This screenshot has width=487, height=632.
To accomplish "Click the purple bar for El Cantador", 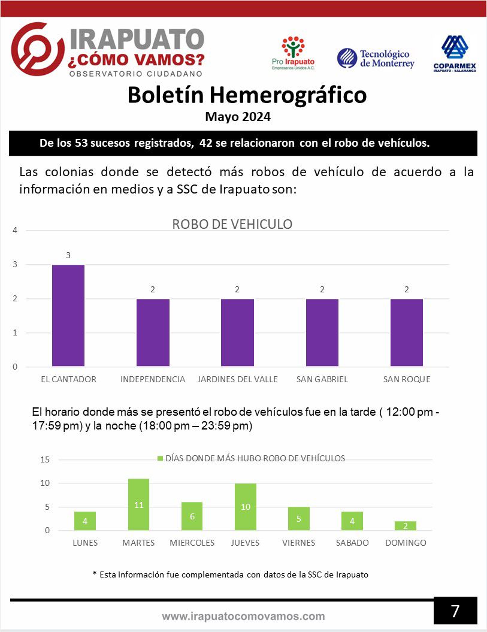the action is click(68, 316).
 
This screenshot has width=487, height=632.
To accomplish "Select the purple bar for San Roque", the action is click(406, 332).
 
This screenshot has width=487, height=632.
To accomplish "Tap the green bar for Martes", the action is click(139, 504).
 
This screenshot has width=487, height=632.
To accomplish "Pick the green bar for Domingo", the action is click(406, 525).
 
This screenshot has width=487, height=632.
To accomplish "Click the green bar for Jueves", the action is click(246, 507).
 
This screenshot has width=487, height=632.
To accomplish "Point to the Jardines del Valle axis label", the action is click(237, 379).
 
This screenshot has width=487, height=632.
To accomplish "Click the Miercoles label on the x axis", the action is click(192, 543).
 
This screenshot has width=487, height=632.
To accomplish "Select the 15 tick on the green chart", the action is click(45, 459).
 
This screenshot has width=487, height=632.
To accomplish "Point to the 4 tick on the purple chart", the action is click(15, 231).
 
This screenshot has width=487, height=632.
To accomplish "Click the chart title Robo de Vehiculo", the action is click(232, 224).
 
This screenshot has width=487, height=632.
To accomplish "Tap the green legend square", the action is click(160, 458).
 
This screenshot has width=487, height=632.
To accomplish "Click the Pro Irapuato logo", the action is click(293, 53).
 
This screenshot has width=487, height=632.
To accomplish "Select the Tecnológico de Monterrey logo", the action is click(376, 59).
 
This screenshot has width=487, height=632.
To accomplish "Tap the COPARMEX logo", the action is click(455, 53).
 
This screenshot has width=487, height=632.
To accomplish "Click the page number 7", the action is click(455, 611).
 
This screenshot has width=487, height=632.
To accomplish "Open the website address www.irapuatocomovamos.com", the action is click(243, 616).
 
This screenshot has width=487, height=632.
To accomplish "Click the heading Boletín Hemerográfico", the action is click(247, 95).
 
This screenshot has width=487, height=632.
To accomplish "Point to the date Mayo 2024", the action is click(238, 117).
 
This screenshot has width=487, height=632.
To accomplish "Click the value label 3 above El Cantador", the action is click(68, 255).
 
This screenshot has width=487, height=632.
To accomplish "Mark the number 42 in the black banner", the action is click(205, 143).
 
